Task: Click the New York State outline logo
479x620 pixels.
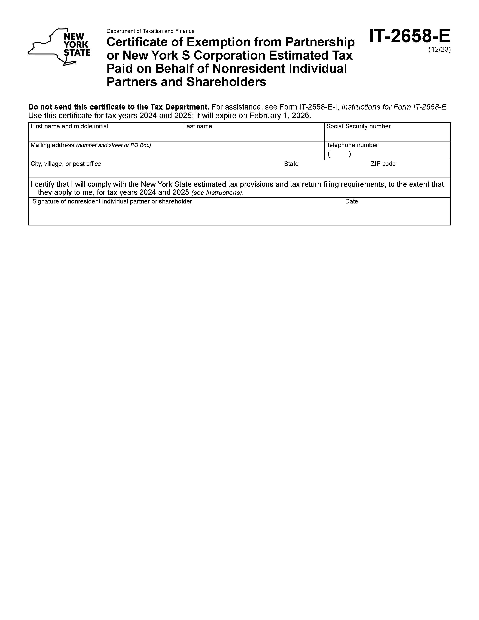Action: click(x=59, y=47)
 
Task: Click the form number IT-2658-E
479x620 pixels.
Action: click(x=409, y=36)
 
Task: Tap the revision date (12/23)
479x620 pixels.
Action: click(x=439, y=49)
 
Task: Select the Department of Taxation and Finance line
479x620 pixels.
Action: click(x=150, y=31)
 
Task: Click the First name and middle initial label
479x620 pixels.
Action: click(x=70, y=126)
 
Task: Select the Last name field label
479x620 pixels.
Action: click(x=197, y=126)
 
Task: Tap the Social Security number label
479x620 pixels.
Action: click(x=358, y=126)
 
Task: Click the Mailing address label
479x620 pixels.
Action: click(x=52, y=145)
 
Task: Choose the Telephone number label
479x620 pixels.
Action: click(x=352, y=145)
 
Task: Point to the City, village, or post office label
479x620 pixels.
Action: click(x=66, y=164)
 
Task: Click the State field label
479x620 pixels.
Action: click(x=291, y=164)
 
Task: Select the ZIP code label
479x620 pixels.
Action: click(x=383, y=164)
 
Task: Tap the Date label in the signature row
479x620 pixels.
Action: click(x=352, y=201)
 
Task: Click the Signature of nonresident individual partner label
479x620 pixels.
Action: click(x=112, y=201)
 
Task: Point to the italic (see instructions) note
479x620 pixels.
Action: click(x=217, y=193)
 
